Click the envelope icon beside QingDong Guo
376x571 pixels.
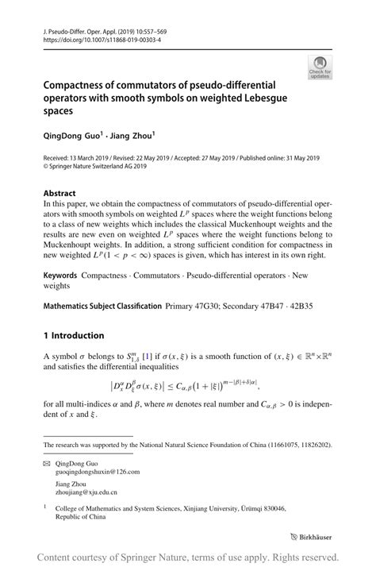47,461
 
